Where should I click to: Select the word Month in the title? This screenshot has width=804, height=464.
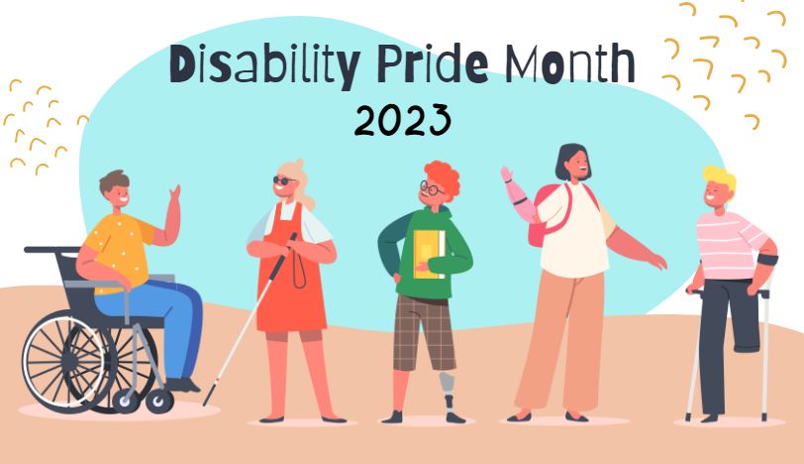569,63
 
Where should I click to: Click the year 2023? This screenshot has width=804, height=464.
403,120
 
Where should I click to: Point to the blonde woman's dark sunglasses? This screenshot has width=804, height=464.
283,180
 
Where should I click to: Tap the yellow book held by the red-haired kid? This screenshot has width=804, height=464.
429,254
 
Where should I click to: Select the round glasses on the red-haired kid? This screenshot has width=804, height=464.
431,189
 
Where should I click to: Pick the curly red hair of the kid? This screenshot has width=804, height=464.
443,177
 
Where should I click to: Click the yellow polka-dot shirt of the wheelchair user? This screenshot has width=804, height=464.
118,252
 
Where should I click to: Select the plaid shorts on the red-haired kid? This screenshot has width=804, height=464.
424,332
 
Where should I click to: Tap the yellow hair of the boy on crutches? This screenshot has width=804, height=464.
721,177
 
